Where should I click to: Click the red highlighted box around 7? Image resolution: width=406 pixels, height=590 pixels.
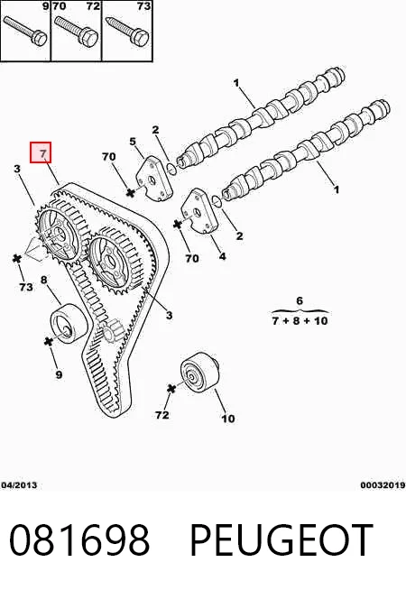pyautogui.click(x=41, y=152)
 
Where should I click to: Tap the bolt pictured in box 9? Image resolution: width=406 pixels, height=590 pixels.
pyautogui.click(x=25, y=30)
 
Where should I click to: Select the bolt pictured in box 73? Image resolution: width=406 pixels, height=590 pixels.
pyautogui.click(x=127, y=30)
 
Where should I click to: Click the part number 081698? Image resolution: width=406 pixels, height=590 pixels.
pyautogui.click(x=79, y=539)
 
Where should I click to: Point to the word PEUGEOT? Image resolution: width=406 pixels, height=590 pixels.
pyautogui.click(x=281, y=539)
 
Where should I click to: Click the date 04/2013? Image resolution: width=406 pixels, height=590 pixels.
pyautogui.click(x=19, y=485)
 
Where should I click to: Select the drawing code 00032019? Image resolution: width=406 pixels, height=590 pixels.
pyautogui.click(x=383, y=485)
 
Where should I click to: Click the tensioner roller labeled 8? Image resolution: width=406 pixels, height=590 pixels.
pyautogui.click(x=69, y=322)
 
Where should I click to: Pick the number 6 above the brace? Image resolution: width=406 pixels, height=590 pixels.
pyautogui.click(x=300, y=300)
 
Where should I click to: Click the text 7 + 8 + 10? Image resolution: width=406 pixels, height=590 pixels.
pyautogui.click(x=300, y=321)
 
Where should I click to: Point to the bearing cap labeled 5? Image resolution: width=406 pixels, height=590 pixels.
pyautogui.click(x=153, y=179)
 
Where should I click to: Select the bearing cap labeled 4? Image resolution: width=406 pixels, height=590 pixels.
pyautogui.click(x=199, y=211)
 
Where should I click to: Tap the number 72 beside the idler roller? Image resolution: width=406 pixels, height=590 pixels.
pyautogui.click(x=162, y=415)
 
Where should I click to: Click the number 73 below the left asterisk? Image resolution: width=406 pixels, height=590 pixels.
pyautogui.click(x=26, y=287)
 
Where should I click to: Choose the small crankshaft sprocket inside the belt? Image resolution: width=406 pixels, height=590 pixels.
pyautogui.click(x=110, y=331)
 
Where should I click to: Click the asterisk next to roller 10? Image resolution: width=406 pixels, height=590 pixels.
pyautogui.click(x=171, y=388)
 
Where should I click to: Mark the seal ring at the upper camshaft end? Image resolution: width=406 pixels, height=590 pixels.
pyautogui.click(x=171, y=169)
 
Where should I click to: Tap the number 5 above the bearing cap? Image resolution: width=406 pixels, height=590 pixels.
pyautogui.click(x=133, y=142)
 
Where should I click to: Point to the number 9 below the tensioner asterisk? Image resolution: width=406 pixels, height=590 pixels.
pyautogui.click(x=59, y=374)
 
